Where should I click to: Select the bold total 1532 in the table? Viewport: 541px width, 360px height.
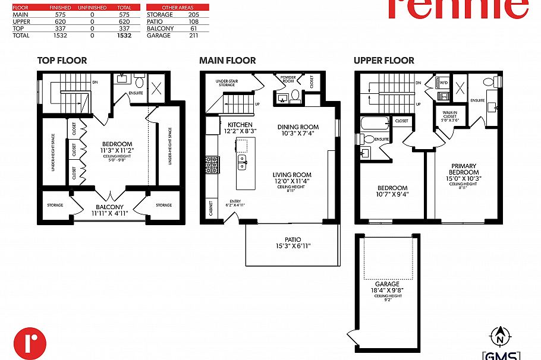pyautogui.click(x=124, y=36)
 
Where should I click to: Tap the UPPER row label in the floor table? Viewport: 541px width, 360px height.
pyautogui.click(x=21, y=21)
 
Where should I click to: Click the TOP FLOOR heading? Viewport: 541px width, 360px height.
pyautogui.click(x=62, y=61)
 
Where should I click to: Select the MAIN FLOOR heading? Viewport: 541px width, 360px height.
pyautogui.click(x=228, y=61)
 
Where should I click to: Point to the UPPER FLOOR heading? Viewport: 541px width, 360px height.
pyautogui.click(x=384, y=61)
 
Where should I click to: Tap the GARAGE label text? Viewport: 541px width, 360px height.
pyautogui.click(x=387, y=284)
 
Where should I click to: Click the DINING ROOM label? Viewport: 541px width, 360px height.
pyautogui.click(x=298, y=127)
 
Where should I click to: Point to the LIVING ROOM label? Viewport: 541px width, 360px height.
pyautogui.click(x=292, y=175)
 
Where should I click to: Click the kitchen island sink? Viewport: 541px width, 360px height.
pyautogui.click(x=242, y=159)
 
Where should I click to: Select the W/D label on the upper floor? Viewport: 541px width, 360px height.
pyautogui.click(x=443, y=84)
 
